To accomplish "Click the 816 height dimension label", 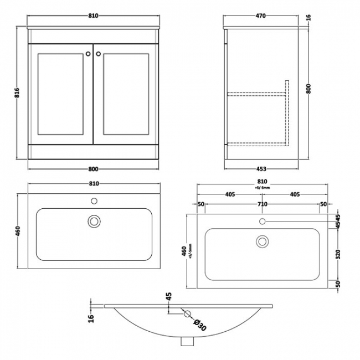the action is (x=17, y=92).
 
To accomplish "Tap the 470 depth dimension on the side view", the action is (x=261, y=16).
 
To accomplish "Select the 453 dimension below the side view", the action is (x=261, y=169).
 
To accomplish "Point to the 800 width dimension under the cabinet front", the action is (x=93, y=169).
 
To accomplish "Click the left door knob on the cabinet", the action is (x=88, y=54).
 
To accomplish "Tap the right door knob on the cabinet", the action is (x=99, y=54).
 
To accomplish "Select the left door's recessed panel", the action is (x=60, y=94).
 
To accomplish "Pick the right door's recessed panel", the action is (x=126, y=94).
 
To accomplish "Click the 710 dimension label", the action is (x=263, y=204).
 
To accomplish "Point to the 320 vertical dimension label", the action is (x=338, y=254).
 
